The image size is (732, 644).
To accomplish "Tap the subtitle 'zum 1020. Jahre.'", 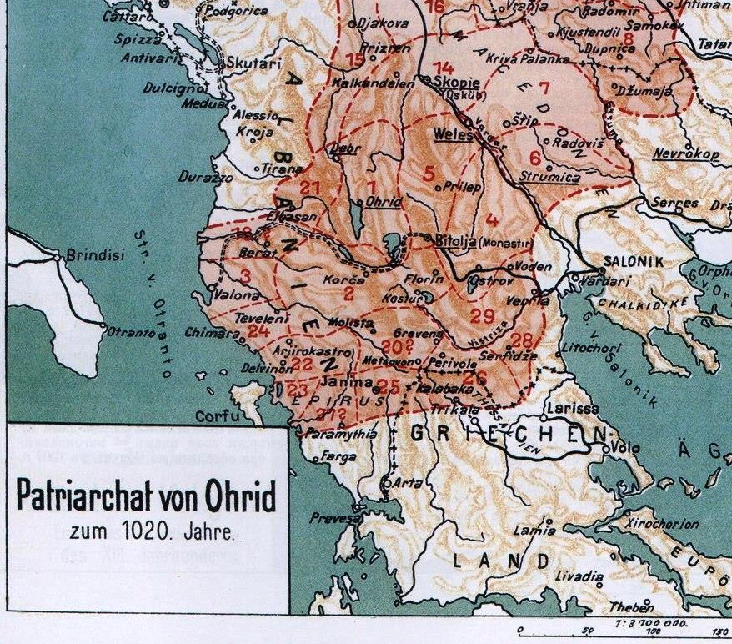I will (x=147, y=531).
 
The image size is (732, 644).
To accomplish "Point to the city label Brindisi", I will (x=94, y=255).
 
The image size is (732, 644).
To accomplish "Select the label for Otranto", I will (x=132, y=332).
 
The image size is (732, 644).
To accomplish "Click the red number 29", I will (x=481, y=315).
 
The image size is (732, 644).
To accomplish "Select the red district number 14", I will (x=444, y=68).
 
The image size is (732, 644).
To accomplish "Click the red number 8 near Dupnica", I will (x=628, y=38).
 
